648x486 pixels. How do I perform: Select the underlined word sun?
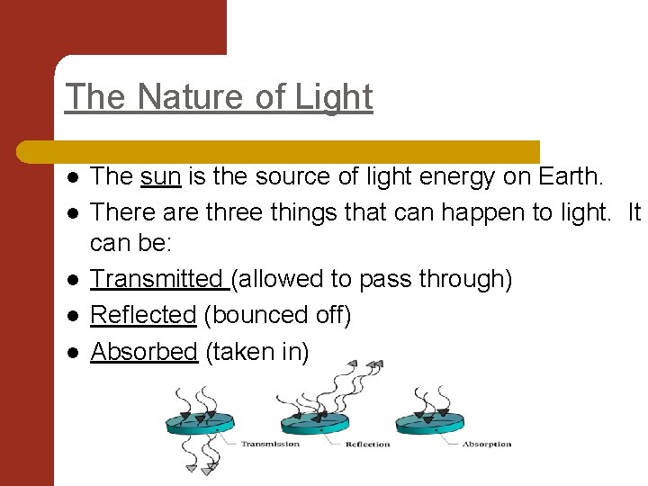[161, 177]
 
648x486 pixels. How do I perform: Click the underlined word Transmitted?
[157, 279]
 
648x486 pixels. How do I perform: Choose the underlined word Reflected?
[143, 315]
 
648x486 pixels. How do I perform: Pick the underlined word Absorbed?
[144, 351]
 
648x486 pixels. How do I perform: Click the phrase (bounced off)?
[277, 315]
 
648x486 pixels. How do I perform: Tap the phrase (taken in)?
[257, 351]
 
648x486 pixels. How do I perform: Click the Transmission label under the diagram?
[270, 444]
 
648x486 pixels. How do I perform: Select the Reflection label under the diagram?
[368, 444]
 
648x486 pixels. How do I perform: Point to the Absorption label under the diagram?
[487, 444]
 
